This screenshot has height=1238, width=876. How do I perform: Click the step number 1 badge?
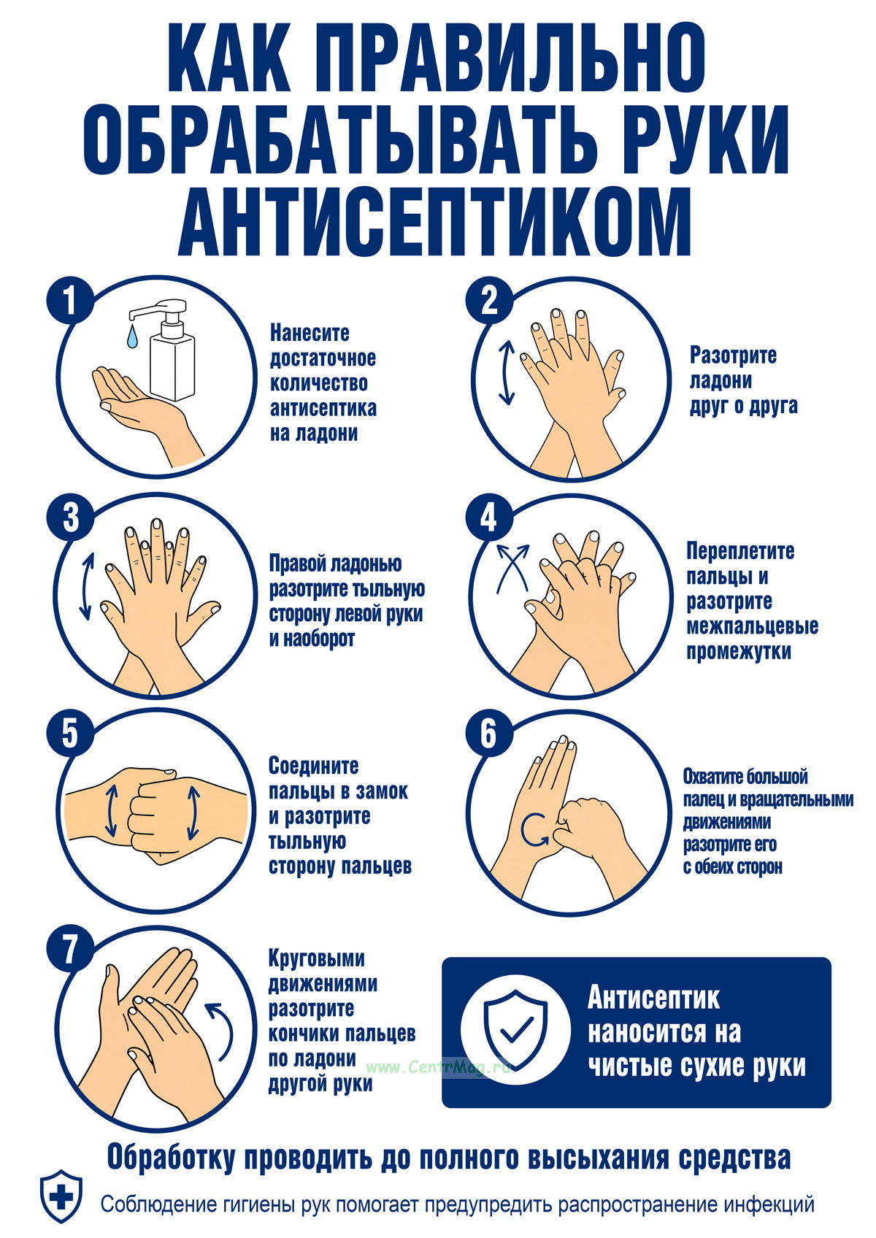69,301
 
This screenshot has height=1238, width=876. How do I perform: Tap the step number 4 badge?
488,518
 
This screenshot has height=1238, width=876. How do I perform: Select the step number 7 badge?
69,949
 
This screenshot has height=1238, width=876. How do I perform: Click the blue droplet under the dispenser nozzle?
132,337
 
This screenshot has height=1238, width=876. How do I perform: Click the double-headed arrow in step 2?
507,372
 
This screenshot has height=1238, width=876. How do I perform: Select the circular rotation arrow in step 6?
534,830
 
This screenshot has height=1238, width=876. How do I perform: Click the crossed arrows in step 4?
512,569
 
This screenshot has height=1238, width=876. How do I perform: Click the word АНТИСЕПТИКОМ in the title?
434,221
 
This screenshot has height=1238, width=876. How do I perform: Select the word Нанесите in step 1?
310,333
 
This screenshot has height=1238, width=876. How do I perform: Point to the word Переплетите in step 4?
741,551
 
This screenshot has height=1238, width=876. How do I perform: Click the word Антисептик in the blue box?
653,998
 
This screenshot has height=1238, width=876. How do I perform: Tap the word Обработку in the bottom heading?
170,1157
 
